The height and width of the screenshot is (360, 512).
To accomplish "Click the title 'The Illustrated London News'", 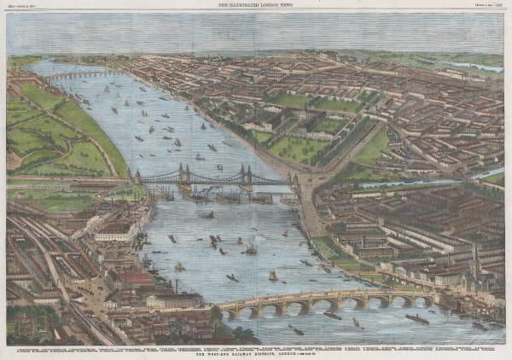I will click(255, 5).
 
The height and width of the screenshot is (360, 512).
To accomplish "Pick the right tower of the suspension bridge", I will click(245, 174).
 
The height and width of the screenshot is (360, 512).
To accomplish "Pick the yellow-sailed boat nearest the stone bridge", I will click(272, 276).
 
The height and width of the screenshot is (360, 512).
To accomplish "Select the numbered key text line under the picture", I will click(255, 348).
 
